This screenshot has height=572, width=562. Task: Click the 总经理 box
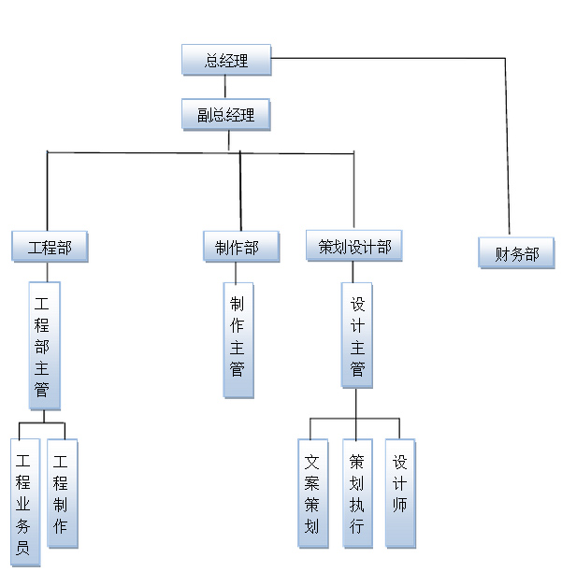coord(225,61)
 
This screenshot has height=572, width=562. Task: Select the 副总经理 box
coord(225,115)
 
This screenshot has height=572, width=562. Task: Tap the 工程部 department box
coord(49,247)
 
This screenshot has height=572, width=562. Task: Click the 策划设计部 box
coord(354,247)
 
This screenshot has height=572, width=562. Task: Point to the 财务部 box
coord(516,252)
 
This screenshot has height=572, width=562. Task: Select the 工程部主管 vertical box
coord(43,346)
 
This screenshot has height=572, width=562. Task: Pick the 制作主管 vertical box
coord(237,340)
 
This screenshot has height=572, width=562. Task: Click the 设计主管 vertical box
coord(356,336)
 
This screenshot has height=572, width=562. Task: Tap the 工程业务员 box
coord(23,503)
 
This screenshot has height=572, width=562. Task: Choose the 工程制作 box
coord(62,493)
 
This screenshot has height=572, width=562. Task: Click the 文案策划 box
coord(312,493)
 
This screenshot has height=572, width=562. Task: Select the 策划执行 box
coord(356,493)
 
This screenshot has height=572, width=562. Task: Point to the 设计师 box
coord(399,493)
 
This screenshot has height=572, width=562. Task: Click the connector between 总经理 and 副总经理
coord(225,87)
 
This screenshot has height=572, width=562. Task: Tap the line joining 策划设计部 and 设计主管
coord(353,272)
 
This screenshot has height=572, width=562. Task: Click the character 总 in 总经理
coord(211,61)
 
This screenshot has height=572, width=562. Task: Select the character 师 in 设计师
coord(399,512)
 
